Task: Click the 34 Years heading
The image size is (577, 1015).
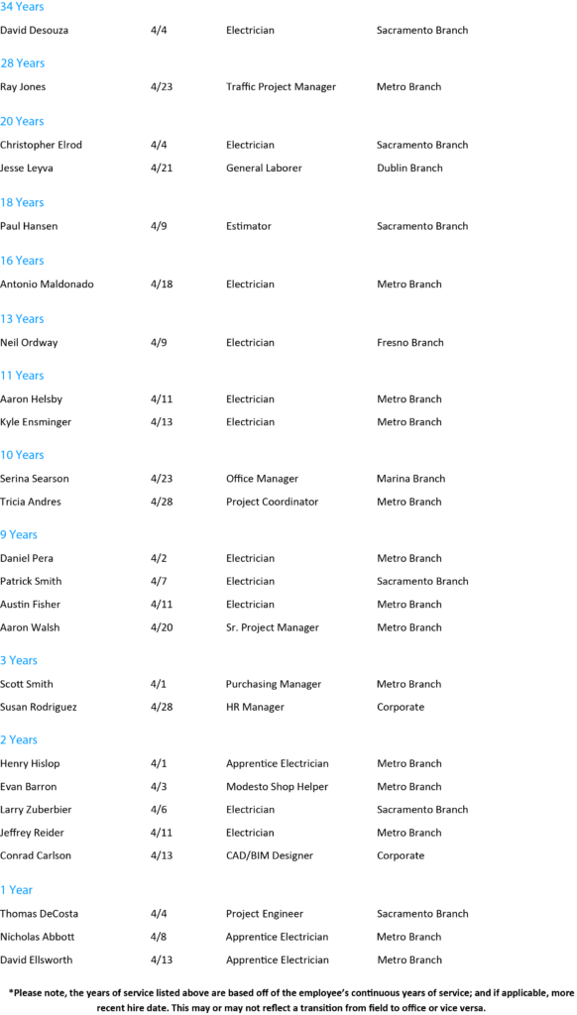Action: pos(22,7)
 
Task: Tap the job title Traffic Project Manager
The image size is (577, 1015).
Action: pos(281,87)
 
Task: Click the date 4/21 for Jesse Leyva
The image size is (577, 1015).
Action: pos(159,168)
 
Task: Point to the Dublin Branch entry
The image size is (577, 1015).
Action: pos(409,168)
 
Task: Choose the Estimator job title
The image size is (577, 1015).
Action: pos(249,226)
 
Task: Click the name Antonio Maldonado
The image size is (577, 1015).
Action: pos(47,284)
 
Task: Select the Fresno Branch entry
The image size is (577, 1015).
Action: pos(410,342)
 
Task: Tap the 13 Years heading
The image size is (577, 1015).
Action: pos(22,318)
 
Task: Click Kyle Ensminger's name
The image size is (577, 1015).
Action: pos(36,422)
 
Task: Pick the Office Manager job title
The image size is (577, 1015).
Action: pos(263,479)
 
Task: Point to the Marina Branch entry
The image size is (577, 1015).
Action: pos(411,479)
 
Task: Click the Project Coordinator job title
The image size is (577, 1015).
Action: pos(272,502)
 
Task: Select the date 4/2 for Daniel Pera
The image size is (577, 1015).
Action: pos(156,558)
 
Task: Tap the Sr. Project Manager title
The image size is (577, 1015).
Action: pos(273,627)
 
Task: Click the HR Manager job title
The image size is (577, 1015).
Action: pos(255,707)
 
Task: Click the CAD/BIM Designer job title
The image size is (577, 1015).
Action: pos(270,855)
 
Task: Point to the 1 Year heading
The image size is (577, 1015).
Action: pos(16,890)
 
